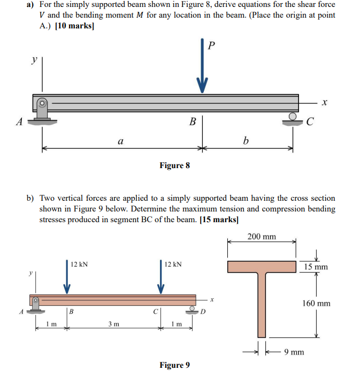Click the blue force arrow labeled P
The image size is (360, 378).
(x=202, y=67)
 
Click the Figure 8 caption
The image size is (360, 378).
(x=174, y=165)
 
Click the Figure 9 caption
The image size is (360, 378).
(x=174, y=365)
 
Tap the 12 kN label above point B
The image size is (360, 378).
(x=80, y=264)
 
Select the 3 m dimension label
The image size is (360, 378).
(x=113, y=324)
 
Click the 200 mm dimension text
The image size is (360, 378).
(x=262, y=237)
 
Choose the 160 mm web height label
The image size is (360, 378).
(x=316, y=304)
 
